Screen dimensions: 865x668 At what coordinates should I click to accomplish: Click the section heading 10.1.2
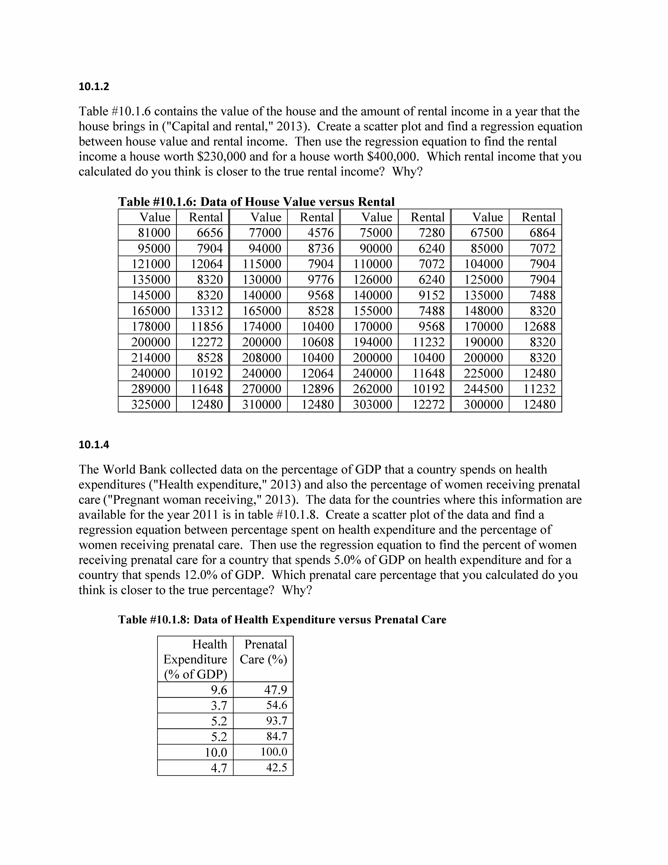[x=94, y=86]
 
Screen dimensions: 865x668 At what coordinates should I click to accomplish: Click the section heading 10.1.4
[x=94, y=445]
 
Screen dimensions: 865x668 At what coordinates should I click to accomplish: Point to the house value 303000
[x=372, y=404]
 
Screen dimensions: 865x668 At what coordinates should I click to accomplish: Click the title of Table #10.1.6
[x=256, y=202]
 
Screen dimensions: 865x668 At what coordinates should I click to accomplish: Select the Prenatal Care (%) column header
[x=264, y=652]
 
